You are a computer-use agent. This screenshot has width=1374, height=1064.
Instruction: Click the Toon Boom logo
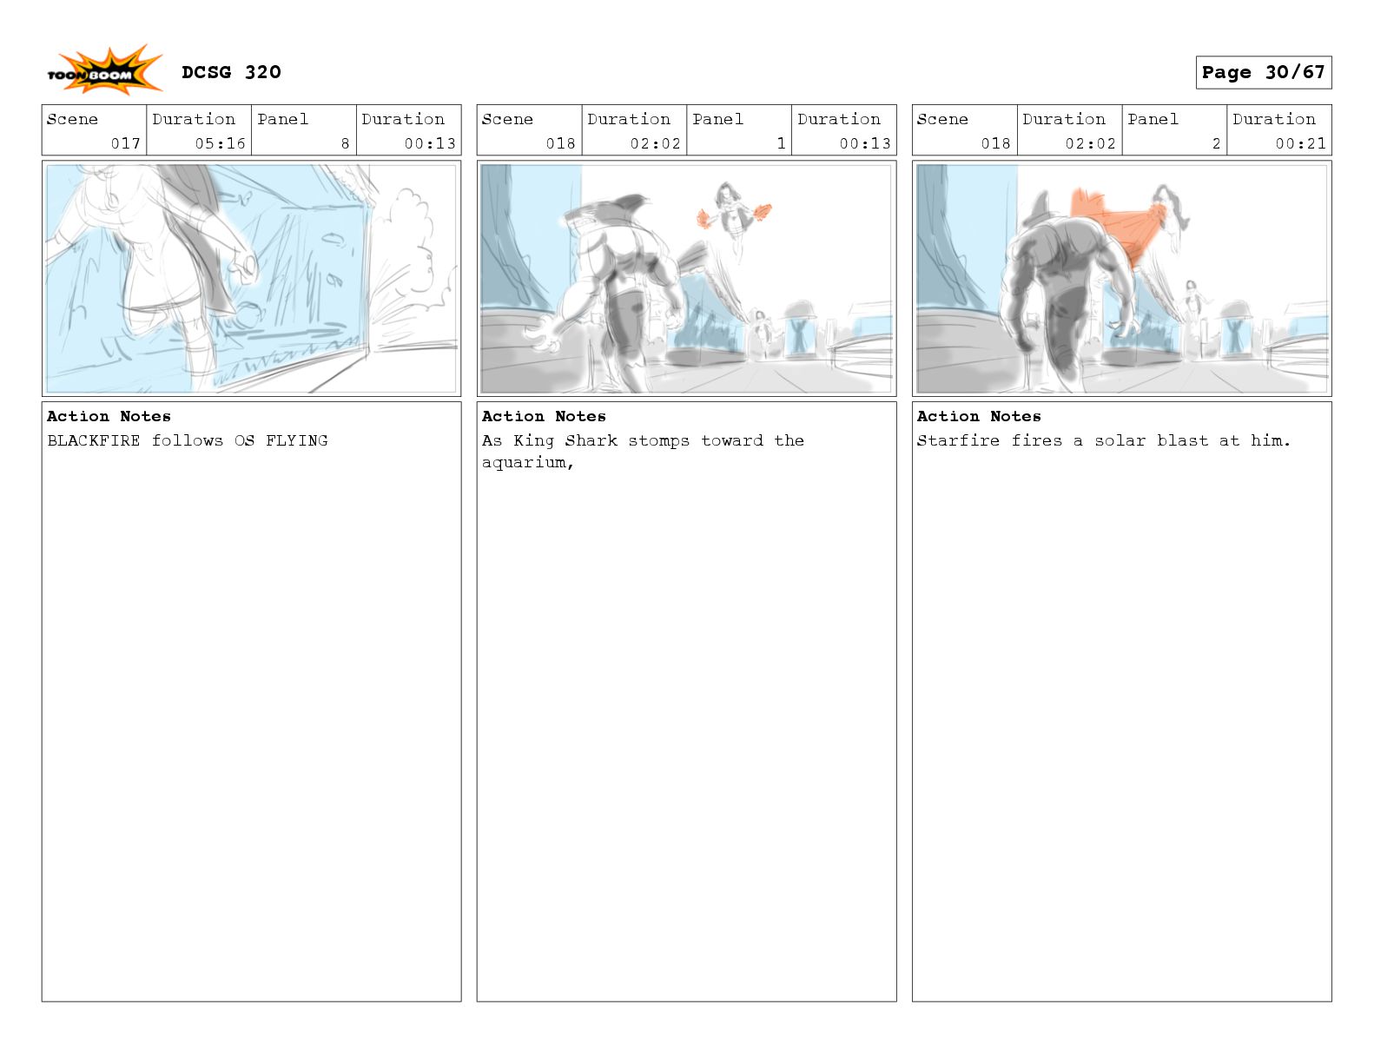(104, 70)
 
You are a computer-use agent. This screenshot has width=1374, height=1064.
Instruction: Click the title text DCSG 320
(231, 72)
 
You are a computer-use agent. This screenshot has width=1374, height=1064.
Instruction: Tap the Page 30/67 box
(1263, 72)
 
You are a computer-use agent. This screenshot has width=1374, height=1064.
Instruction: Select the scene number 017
(125, 143)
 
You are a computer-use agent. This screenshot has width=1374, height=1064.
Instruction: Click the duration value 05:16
(220, 143)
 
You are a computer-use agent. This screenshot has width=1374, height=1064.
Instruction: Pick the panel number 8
(346, 143)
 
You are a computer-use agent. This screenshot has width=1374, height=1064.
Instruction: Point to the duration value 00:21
(1301, 143)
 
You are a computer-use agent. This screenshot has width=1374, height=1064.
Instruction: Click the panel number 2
(1216, 143)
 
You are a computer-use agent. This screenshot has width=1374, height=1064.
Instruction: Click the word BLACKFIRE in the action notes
(94, 440)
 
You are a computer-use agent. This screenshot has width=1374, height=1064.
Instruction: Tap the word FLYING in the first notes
(296, 440)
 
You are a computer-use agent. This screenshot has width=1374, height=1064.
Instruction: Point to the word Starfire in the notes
(958, 440)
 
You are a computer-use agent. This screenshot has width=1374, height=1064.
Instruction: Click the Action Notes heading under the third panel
(979, 416)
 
